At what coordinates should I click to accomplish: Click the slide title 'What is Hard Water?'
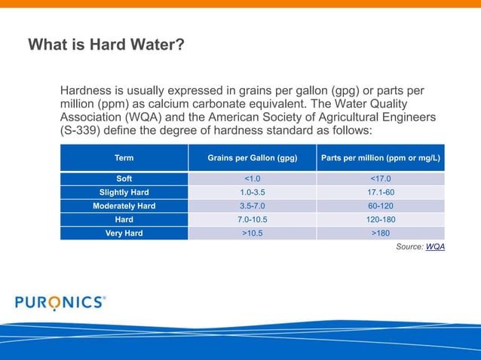[106, 45]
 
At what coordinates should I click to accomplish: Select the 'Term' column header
[124, 158]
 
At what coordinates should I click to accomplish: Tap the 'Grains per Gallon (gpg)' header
[252, 158]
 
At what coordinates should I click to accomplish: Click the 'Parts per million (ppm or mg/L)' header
[381, 158]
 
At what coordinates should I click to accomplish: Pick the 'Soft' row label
[124, 178]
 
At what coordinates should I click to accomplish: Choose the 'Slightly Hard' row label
[124, 192]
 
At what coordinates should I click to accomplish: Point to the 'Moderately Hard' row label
[124, 206]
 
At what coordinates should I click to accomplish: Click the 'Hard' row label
[124, 219]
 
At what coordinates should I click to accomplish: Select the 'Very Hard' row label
[124, 233]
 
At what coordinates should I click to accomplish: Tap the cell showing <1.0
[252, 178]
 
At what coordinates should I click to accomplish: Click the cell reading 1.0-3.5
[252, 192]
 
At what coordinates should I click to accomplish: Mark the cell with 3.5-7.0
[252, 206]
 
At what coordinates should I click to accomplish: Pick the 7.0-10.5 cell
[252, 219]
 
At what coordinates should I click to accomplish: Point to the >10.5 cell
[252, 233]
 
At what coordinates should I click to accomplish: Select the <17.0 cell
[381, 178]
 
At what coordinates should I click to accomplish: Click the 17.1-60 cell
[381, 192]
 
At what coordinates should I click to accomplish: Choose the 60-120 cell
[381, 206]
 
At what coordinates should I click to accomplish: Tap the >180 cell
[381, 233]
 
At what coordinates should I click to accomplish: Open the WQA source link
[435, 247]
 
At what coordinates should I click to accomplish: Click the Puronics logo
[60, 302]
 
